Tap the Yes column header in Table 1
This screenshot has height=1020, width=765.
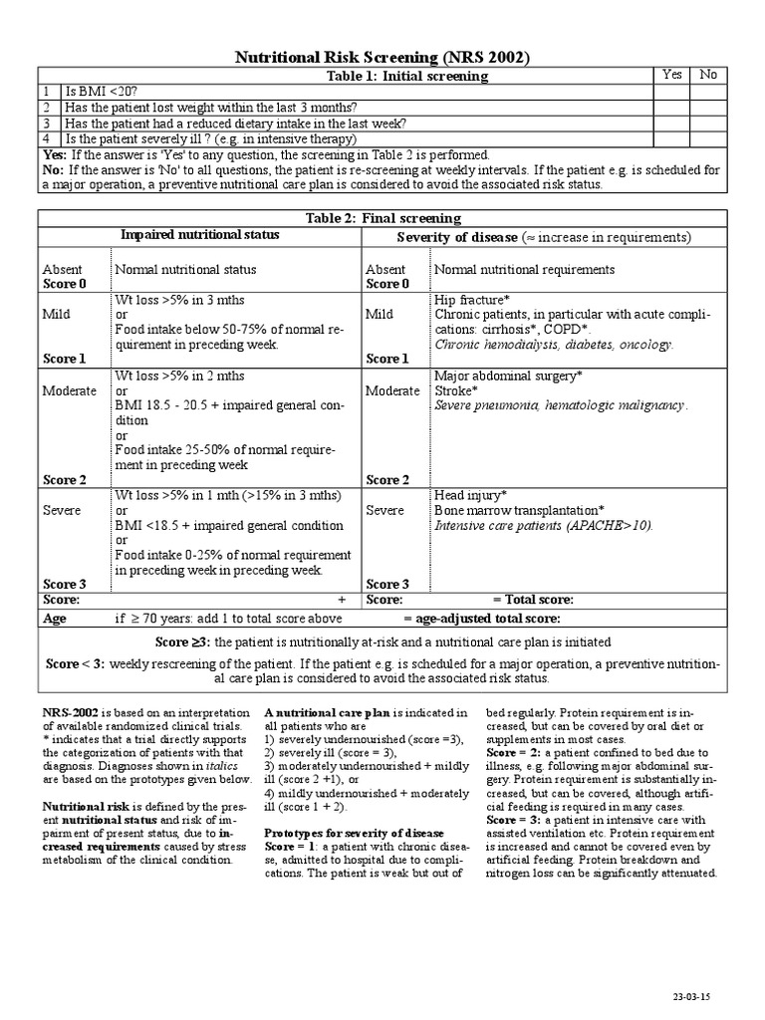pyautogui.click(x=672, y=75)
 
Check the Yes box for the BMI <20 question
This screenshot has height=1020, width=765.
pyautogui.click(x=672, y=92)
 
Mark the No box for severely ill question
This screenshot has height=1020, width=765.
pyautogui.click(x=708, y=139)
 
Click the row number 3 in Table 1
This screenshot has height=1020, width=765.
pyautogui.click(x=46, y=124)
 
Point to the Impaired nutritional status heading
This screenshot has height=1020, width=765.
pyautogui.click(x=200, y=235)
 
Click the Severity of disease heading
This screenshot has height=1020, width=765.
pyautogui.click(x=452, y=237)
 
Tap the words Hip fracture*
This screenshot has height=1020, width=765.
pyautogui.click(x=472, y=300)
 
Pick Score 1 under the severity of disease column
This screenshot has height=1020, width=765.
pyautogui.click(x=387, y=359)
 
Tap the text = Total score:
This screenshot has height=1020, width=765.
pyautogui.click(x=533, y=600)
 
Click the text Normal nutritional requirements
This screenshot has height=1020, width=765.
pyautogui.click(x=524, y=269)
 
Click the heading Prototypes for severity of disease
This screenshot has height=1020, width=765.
pyautogui.click(x=354, y=832)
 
